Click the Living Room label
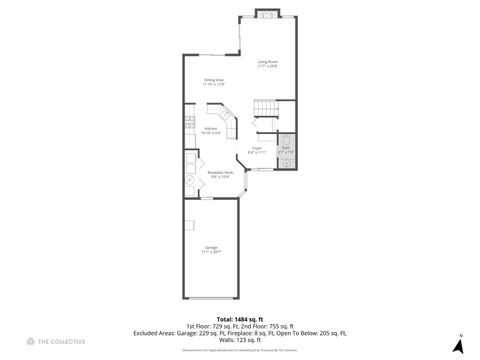coord(267,64)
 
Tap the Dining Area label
coord(214,83)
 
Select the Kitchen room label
coord(211,130)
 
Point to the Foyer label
coord(257,150)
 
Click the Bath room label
coord(285,150)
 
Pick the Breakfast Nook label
coord(220,174)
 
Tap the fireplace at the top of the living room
coord(267,14)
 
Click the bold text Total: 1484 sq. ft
coord(239,318)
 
